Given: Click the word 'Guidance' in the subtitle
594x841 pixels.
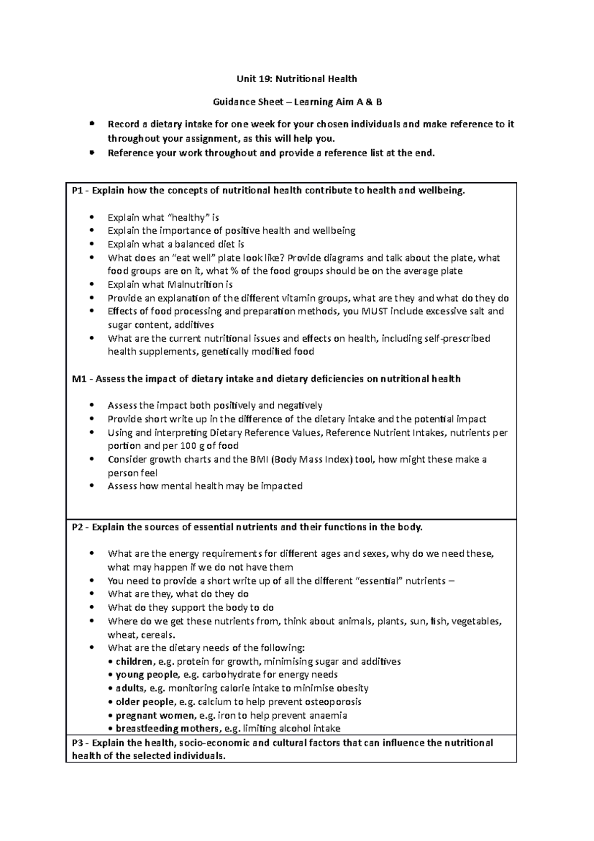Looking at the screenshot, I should point(233,102).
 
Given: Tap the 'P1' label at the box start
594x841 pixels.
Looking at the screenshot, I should point(78,191).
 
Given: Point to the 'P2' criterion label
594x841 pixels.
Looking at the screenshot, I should point(78,527).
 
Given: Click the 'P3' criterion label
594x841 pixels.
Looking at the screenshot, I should point(78,743).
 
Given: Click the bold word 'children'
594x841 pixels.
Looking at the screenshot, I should point(134,662).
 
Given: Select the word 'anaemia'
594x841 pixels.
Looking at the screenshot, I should point(328,716).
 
